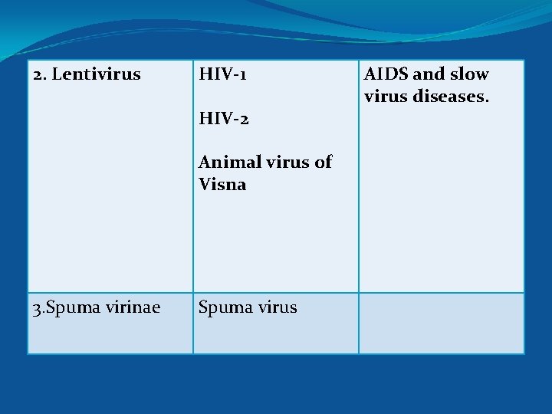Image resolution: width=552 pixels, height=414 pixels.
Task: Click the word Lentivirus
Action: coord(97,75)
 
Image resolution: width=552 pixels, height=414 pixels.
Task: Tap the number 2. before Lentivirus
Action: coord(40,75)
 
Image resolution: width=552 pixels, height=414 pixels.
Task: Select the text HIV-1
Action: coord(222,75)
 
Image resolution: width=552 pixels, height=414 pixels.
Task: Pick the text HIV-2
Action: coord(223,119)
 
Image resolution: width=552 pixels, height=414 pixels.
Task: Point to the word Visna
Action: coord(222,184)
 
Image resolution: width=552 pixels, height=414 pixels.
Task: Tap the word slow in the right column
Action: coord(469,75)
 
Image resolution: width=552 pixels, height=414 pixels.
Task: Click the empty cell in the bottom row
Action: coord(442,323)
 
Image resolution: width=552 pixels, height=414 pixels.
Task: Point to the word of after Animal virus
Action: coord(324,162)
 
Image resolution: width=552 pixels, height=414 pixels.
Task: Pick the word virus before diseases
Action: coord(386,97)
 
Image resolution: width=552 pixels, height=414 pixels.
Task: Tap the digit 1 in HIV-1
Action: coord(242,75)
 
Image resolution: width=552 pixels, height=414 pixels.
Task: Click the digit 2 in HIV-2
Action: coord(243,120)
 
